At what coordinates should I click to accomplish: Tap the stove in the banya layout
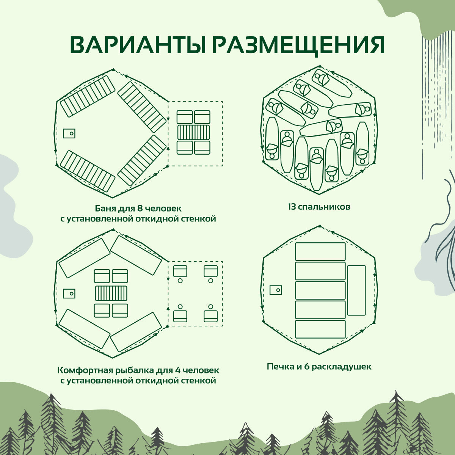point(69,133)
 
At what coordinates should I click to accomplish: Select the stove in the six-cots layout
point(276,290)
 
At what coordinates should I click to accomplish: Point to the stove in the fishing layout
point(69,293)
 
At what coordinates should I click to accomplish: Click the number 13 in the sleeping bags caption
point(292,207)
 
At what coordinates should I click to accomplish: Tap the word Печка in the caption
point(280,367)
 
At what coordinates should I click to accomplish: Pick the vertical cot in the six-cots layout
point(356,290)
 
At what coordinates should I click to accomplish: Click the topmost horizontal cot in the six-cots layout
point(320,251)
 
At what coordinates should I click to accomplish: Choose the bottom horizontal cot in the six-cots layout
point(320,329)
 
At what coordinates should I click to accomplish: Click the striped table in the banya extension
point(193,132)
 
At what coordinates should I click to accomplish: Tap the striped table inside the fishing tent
point(111,293)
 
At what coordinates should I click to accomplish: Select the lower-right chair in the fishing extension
point(210,315)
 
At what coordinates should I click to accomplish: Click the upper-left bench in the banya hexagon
point(88,96)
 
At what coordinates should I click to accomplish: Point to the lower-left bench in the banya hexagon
point(88,171)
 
